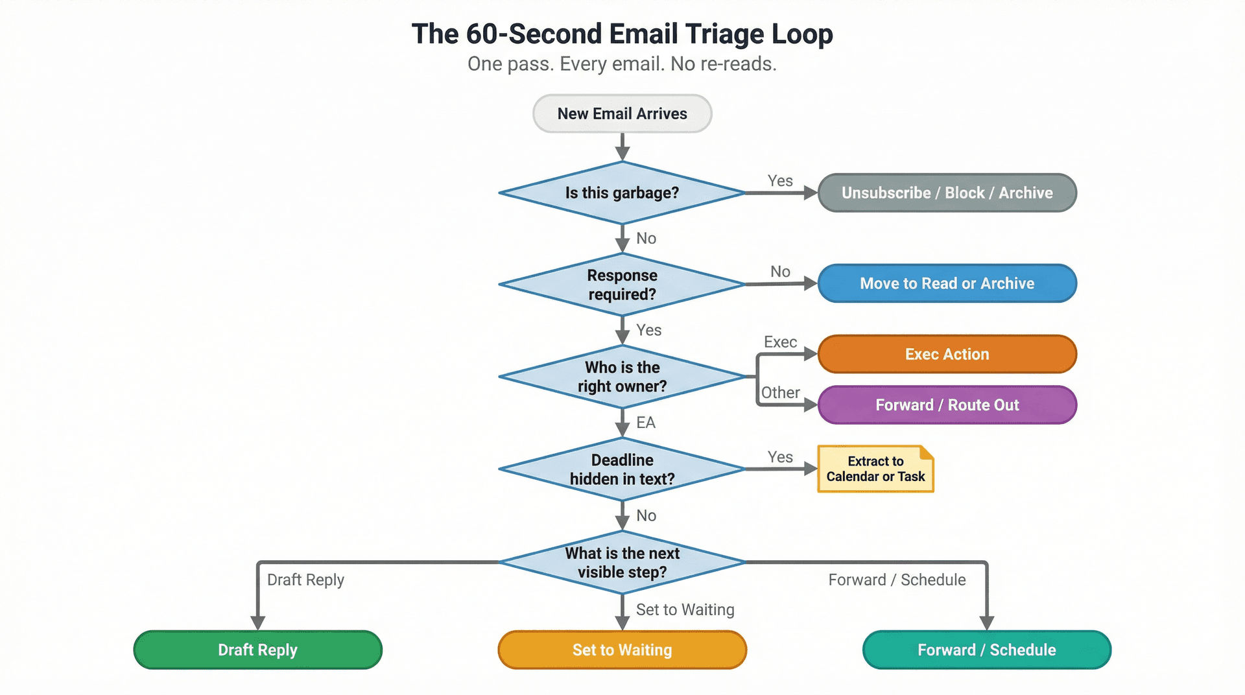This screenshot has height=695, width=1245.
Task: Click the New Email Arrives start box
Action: click(x=622, y=114)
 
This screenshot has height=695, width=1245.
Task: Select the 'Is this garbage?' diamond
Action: click(x=622, y=193)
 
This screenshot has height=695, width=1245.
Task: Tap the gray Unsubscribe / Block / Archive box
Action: click(x=947, y=193)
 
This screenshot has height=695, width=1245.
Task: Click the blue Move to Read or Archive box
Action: click(x=947, y=283)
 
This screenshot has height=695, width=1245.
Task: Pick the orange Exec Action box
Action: click(x=947, y=354)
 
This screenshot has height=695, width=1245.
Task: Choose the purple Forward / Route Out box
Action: click(x=947, y=405)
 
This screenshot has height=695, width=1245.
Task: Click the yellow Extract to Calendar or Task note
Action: click(x=875, y=469)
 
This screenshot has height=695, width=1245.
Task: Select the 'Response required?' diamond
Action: click(x=622, y=285)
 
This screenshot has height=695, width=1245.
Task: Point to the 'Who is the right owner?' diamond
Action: click(x=622, y=377)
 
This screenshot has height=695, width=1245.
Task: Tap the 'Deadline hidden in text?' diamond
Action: click(x=622, y=469)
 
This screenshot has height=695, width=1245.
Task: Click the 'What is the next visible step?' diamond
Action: click(x=622, y=563)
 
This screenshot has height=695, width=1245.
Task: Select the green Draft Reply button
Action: click(x=257, y=650)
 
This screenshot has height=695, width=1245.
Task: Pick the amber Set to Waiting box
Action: click(x=622, y=650)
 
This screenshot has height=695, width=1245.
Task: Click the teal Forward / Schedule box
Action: click(x=986, y=650)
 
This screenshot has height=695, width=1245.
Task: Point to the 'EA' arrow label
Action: click(x=645, y=423)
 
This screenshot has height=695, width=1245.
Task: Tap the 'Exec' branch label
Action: click(x=780, y=342)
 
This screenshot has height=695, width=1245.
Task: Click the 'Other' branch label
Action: click(x=780, y=393)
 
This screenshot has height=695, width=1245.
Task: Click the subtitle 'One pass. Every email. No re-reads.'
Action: click(x=622, y=64)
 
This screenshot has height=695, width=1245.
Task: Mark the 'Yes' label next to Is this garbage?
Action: click(x=780, y=181)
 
